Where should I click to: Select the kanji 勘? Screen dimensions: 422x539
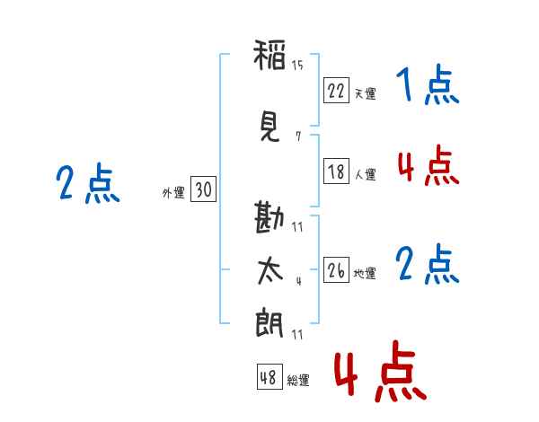(x=269, y=218)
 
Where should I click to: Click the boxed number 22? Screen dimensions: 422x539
(x=336, y=90)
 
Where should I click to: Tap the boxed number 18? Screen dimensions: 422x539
(x=336, y=172)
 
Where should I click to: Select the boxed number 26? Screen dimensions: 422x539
(x=336, y=271)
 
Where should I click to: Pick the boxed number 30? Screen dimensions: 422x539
(x=203, y=189)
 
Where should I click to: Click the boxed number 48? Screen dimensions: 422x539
(x=269, y=377)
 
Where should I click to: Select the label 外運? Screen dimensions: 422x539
(x=173, y=192)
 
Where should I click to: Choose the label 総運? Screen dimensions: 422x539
(x=297, y=381)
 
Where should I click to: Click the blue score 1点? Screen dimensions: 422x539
(x=426, y=87)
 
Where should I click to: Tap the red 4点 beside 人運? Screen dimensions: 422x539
(x=428, y=166)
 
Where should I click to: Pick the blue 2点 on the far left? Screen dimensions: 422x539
(x=87, y=185)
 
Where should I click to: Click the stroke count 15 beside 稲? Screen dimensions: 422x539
(x=297, y=64)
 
